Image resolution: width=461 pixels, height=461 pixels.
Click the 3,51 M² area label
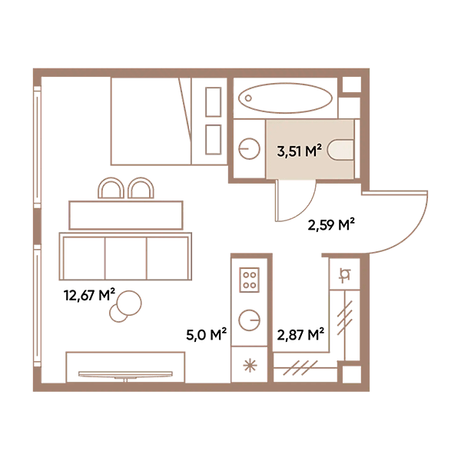[x=299, y=151]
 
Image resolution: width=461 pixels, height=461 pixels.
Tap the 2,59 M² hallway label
[x=331, y=225]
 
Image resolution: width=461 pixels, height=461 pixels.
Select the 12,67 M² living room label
[x=89, y=295]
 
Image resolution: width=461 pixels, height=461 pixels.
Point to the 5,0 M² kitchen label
[x=207, y=334]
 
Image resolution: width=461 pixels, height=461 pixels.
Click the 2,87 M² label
[x=300, y=334]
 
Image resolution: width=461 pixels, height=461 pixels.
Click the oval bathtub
[x=285, y=98]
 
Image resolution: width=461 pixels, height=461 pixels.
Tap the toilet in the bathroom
[x=340, y=149]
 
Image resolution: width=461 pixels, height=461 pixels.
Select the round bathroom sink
[x=249, y=149]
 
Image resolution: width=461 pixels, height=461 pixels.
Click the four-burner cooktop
[x=249, y=280]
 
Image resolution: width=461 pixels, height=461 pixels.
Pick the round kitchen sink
[x=249, y=320]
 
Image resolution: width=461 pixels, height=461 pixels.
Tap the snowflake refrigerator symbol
[x=250, y=366]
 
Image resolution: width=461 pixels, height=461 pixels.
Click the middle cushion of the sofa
[x=125, y=258]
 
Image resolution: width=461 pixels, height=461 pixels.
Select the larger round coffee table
[x=129, y=303]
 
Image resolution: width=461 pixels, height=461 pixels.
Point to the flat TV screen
[x=125, y=374]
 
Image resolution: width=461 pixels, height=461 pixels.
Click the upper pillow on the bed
[x=214, y=102]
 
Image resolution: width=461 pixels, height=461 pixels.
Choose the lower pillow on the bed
[x=214, y=140]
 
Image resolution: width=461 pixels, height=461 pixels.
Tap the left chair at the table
[x=111, y=188]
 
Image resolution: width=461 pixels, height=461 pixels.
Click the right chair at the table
[x=141, y=188]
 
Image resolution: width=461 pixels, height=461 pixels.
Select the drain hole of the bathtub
[x=248, y=98]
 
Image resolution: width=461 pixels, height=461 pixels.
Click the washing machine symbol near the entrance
[x=344, y=275]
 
